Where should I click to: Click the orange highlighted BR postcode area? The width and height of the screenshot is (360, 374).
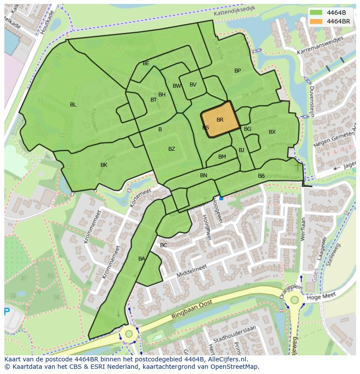pyautogui.click(x=220, y=119)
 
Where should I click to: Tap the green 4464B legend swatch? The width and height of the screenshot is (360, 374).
pyautogui.click(x=316, y=13)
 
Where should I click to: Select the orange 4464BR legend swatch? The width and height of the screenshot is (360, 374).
pyautogui.click(x=316, y=21)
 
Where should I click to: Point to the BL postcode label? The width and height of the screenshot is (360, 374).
pyautogui.click(x=73, y=105)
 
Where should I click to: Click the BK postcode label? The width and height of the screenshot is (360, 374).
pyautogui.click(x=104, y=165)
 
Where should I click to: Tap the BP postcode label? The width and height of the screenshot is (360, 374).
pyautogui.click(x=237, y=71)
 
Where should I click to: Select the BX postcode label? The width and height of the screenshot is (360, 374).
pyautogui.click(x=272, y=132)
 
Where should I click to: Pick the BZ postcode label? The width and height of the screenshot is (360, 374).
pyautogui.click(x=172, y=149)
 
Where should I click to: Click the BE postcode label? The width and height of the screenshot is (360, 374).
pyautogui.click(x=146, y=63)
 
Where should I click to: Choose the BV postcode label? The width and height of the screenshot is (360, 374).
pyautogui.click(x=193, y=85)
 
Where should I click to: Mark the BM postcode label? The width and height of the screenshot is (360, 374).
pyautogui.click(x=222, y=157)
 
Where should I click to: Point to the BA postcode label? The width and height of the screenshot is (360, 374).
pyautogui.click(x=142, y=259)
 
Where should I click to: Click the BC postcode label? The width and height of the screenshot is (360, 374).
pyautogui.click(x=163, y=245)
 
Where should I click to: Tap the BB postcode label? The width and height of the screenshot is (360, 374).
pyautogui.click(x=261, y=176)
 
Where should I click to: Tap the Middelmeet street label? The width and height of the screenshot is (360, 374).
pyautogui.click(x=192, y=272)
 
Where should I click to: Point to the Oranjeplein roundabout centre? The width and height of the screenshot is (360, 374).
pyautogui.click(x=295, y=300)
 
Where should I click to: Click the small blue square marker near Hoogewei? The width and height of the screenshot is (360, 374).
pyautogui.click(x=221, y=199)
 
